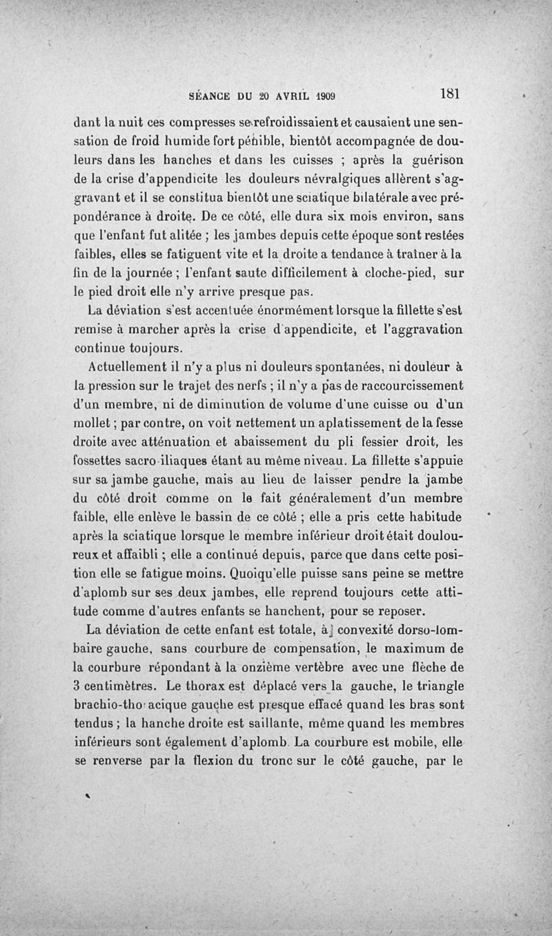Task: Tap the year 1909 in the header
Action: (x=330, y=96)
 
